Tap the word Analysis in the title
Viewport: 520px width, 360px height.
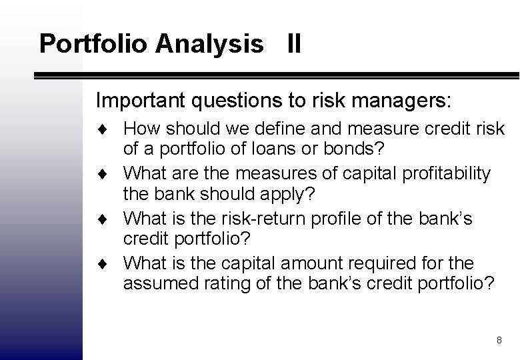(x=209, y=44)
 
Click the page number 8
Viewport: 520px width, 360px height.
(x=499, y=340)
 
